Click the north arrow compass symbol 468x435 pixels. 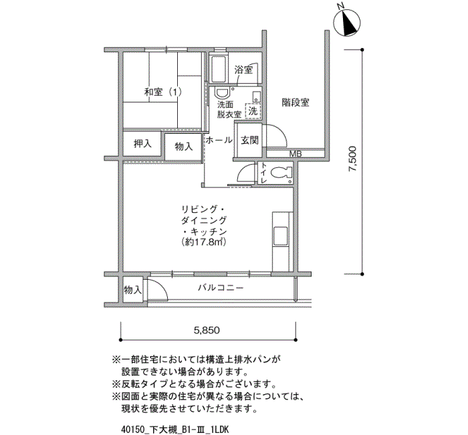[346, 23]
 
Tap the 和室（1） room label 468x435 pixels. [163, 92]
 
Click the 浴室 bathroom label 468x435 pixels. [243, 70]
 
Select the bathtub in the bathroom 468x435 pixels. [219, 70]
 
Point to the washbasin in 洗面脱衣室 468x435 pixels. [222, 93]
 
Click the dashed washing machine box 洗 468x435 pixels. [253, 111]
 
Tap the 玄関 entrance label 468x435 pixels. [249, 140]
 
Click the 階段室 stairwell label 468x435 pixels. [296, 102]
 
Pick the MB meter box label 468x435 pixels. [296, 154]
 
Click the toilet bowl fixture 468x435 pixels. [281, 172]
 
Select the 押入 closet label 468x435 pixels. [142, 144]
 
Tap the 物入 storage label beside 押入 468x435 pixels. [184, 147]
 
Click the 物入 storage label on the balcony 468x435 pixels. [132, 289]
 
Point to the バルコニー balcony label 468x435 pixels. [221, 288]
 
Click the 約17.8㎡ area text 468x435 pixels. [203, 242]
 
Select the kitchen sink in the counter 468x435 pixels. [281, 236]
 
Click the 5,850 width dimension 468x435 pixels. [207, 330]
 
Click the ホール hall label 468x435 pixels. [219, 140]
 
